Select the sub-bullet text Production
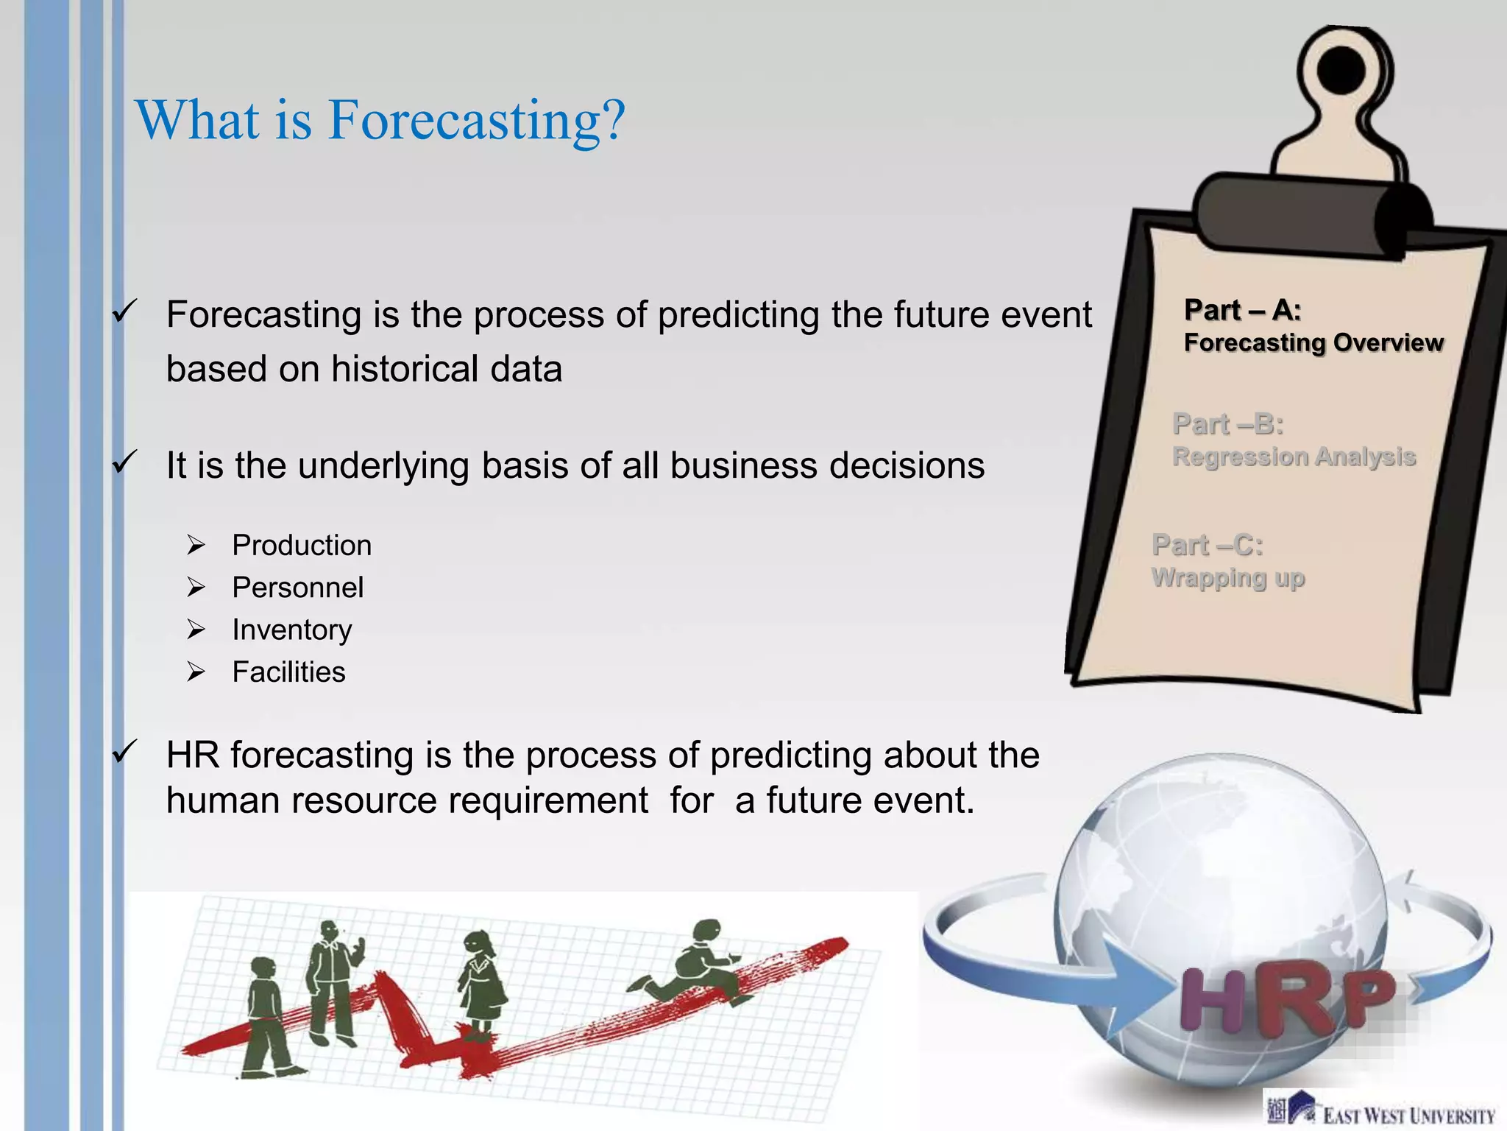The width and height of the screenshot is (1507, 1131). (x=302, y=546)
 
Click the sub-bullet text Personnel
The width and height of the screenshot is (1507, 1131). (x=297, y=588)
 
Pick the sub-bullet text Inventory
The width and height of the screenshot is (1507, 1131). (x=291, y=630)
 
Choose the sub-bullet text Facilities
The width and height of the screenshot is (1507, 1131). (x=288, y=672)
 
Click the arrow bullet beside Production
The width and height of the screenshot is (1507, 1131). (x=196, y=546)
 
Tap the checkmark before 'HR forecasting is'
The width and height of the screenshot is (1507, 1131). (x=124, y=752)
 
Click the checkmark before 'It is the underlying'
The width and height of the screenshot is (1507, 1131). (x=124, y=462)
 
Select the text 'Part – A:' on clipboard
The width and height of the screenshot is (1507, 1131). (x=1242, y=310)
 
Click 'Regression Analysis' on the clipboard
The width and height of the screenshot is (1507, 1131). (x=1294, y=457)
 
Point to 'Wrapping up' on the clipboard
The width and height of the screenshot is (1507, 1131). (x=1227, y=578)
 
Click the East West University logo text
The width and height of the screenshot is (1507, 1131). (x=1408, y=1116)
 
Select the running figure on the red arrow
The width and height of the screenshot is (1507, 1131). (x=695, y=961)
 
